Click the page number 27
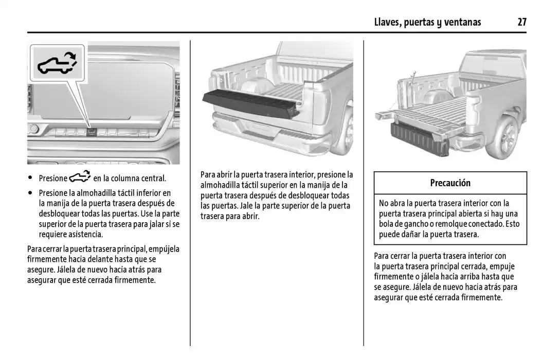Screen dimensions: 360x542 pos(522,22)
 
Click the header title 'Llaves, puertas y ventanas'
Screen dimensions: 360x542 pos(427,22)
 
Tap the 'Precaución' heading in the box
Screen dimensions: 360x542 pos(450,183)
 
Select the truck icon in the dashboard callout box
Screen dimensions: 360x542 pos(57,63)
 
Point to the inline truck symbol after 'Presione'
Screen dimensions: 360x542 pos(80,177)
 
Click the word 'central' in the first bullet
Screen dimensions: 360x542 pos(152,178)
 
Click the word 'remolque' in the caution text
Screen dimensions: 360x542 pos(452,224)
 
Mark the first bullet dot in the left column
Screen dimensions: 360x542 pos(31,178)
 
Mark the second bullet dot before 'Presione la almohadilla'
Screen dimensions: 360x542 pos(31,193)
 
